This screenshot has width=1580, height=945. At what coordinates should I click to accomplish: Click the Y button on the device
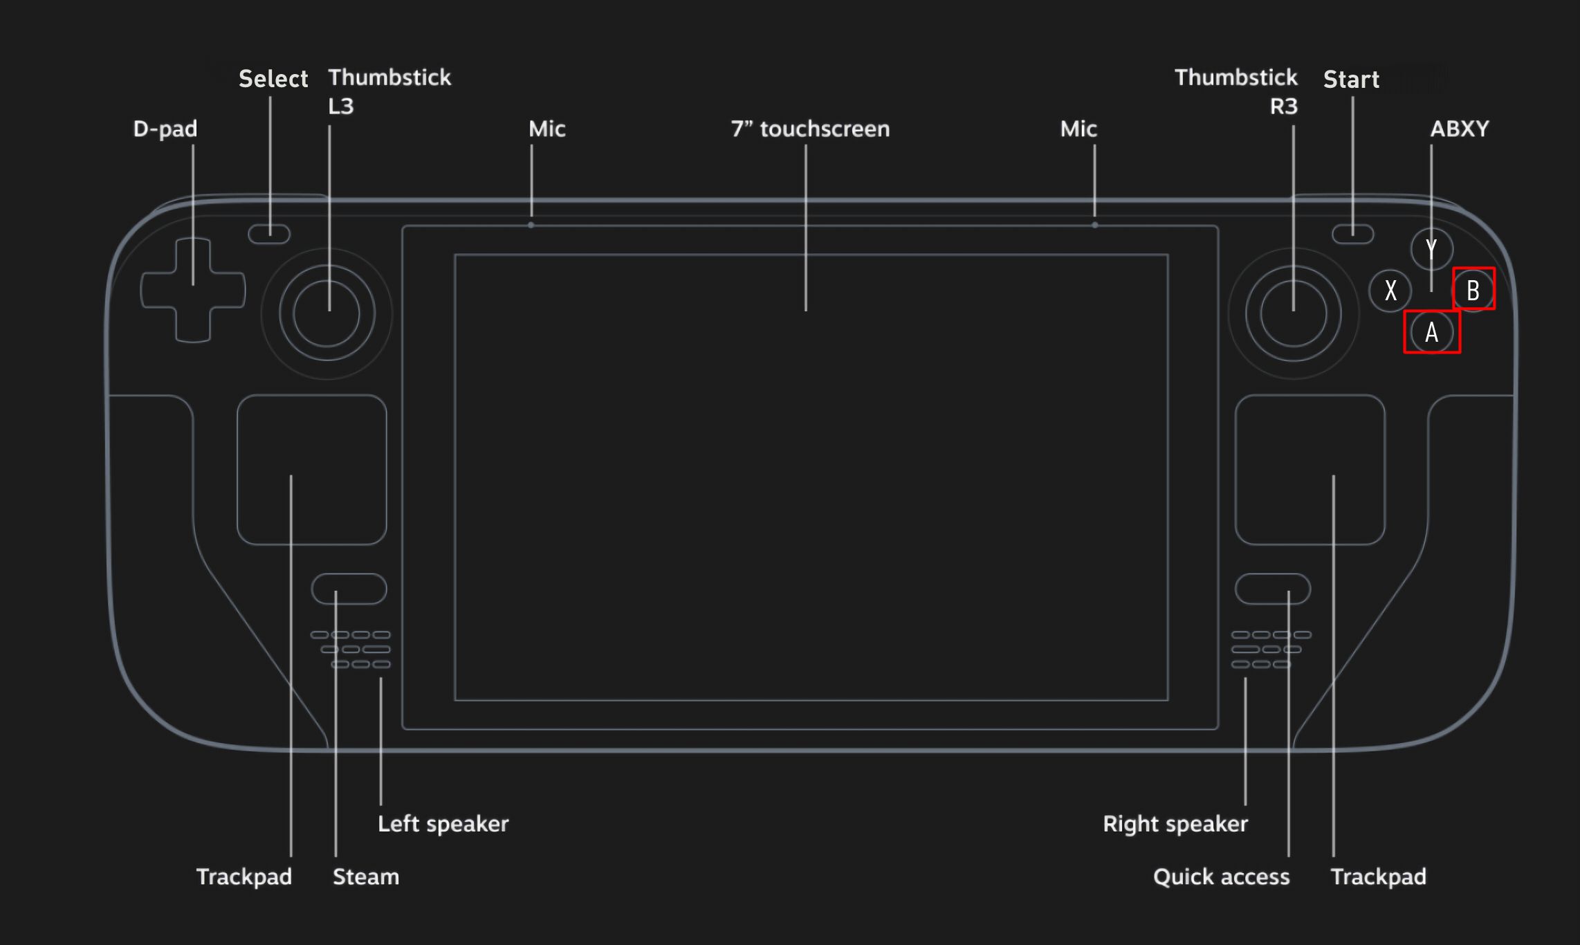pos(1431,249)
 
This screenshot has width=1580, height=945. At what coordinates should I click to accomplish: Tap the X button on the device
pos(1390,291)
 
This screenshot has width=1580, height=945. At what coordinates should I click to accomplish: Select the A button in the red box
pos(1432,332)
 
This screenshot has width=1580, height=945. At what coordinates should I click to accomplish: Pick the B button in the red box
pos(1473,291)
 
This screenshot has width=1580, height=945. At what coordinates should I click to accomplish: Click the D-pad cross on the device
pos(193,291)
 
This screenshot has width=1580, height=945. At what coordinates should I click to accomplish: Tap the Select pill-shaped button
pos(269,234)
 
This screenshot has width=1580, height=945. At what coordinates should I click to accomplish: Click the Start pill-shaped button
pos(1353,234)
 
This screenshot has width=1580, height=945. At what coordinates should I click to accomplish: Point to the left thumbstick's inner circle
pos(327,313)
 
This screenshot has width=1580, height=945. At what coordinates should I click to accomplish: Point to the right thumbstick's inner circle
pos(1294,313)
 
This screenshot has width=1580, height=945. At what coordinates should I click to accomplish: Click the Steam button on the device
pos(349,589)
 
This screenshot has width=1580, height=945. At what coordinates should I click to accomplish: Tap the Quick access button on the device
pos(1273,589)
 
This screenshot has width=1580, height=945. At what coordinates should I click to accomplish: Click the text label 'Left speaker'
pos(443,824)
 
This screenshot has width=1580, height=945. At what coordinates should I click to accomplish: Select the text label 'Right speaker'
pos(1175,824)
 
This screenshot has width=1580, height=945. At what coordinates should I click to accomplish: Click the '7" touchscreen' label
pos(810,129)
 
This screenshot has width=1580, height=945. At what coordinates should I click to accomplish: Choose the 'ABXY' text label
pos(1460,129)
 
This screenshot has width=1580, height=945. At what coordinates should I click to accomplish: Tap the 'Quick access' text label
pos(1221,877)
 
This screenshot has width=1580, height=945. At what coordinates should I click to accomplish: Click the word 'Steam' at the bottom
pos(366,877)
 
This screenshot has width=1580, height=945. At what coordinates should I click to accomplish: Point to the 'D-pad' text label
pos(165,129)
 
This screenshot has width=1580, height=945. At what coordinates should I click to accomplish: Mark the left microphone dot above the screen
pos(531,225)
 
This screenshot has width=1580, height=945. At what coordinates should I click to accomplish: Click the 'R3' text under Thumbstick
pos(1284,107)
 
